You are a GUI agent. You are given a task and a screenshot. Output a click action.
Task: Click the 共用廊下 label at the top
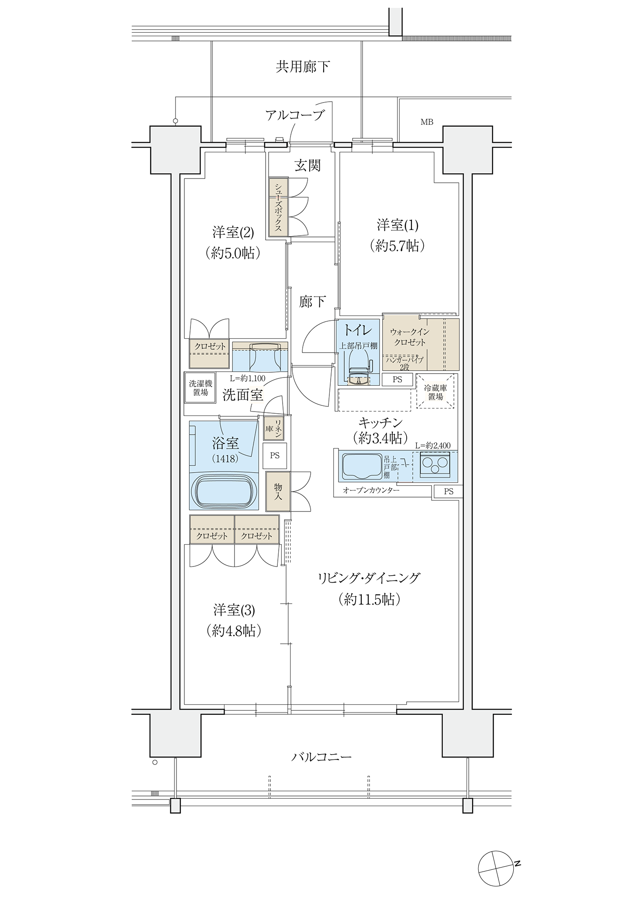(x=303, y=67)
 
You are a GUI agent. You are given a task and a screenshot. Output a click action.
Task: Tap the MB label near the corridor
(x=427, y=122)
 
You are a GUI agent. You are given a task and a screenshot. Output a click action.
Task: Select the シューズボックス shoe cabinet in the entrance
(x=278, y=207)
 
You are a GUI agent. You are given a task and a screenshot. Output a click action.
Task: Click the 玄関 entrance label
(x=308, y=165)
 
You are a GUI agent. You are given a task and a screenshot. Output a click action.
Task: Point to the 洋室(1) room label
(x=398, y=226)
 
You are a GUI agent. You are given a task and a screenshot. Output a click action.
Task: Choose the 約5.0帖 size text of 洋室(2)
(x=233, y=253)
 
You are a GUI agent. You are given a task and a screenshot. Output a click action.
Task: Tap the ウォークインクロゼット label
(x=409, y=337)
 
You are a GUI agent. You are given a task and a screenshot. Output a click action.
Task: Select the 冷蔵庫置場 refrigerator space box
(x=436, y=391)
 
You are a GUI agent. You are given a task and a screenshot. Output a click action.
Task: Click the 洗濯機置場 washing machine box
(x=201, y=388)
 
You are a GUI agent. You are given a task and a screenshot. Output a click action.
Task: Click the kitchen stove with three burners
(x=435, y=465)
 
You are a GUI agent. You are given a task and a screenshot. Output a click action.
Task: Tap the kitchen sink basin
(x=361, y=466)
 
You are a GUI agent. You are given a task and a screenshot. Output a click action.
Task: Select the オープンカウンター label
(x=371, y=491)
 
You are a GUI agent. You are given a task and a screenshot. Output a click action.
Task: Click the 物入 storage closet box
(x=278, y=492)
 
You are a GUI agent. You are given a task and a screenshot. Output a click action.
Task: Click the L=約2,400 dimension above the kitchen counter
(x=433, y=446)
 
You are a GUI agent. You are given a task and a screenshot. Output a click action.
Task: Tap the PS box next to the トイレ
(x=397, y=380)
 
